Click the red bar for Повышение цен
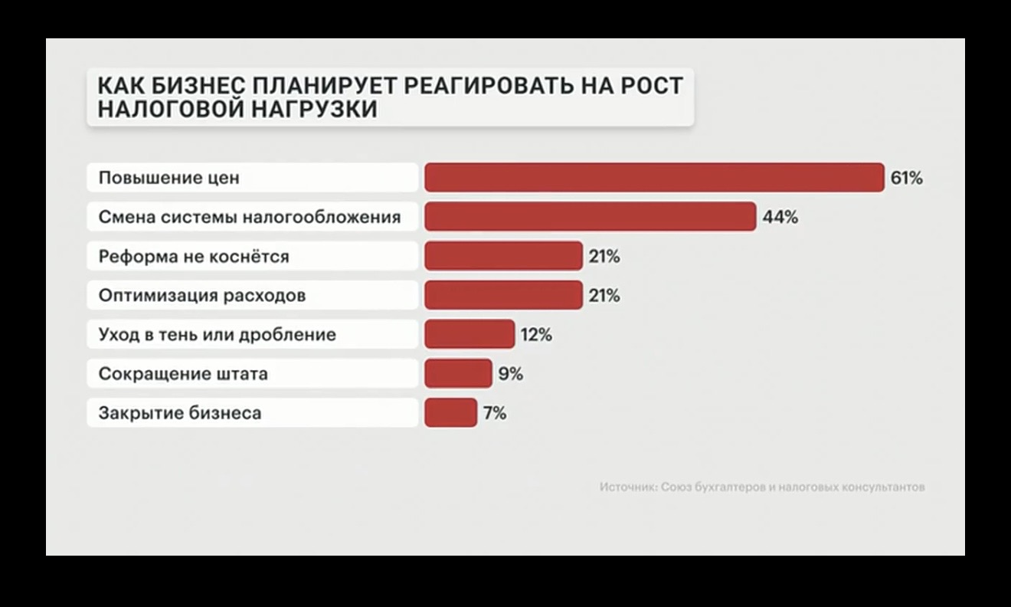point(654,178)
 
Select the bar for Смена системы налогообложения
point(590,217)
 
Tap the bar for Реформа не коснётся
point(503,256)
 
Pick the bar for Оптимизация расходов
point(503,295)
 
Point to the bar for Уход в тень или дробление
point(469,335)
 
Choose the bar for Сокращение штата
point(458,374)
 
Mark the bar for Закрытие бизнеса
point(450,413)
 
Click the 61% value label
point(907,179)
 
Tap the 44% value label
point(780,218)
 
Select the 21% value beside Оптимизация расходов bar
point(604,296)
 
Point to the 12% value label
point(536,335)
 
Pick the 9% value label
point(511,374)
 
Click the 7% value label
point(495,413)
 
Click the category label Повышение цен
point(169,178)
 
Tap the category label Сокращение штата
point(183,374)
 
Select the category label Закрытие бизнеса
point(180,413)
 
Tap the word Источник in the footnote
point(628,487)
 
